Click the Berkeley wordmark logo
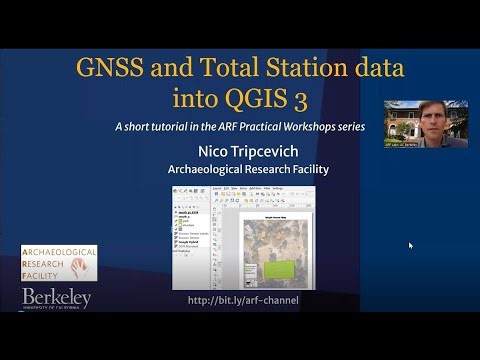(57, 298)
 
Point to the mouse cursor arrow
(410, 245)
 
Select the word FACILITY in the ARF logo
(46, 274)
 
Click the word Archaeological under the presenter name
(207, 169)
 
